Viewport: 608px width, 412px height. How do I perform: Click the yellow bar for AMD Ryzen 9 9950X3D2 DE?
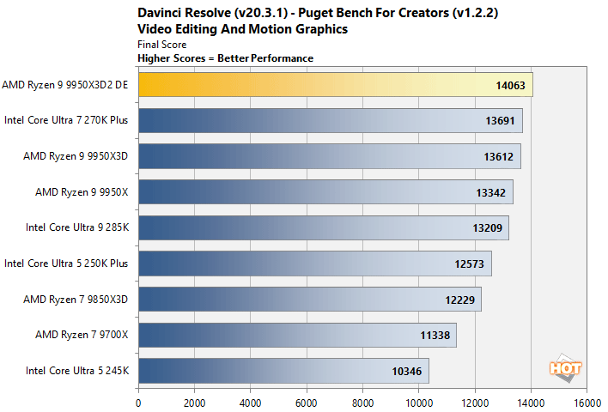pyautogui.click(x=335, y=85)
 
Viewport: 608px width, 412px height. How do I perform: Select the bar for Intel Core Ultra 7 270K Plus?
pyautogui.click(x=330, y=121)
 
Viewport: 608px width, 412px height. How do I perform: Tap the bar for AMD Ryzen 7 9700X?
pyautogui.click(x=296, y=335)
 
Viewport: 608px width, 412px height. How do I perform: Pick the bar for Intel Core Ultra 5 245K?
pyautogui.click(x=283, y=371)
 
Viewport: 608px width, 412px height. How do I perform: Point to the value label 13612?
pyautogui.click(x=498, y=156)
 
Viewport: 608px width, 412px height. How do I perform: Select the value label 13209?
pyautogui.click(x=487, y=228)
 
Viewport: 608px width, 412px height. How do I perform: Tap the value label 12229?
pyautogui.click(x=459, y=300)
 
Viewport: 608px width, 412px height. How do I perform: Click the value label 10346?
pyautogui.click(x=407, y=371)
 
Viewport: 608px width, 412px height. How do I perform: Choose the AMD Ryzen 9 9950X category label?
pyautogui.click(x=82, y=192)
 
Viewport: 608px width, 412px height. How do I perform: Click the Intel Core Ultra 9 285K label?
pyautogui.click(x=78, y=228)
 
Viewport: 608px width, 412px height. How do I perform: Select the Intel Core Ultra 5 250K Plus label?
pyautogui.click(x=66, y=264)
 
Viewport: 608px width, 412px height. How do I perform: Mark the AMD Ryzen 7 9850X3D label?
pyautogui.click(x=76, y=300)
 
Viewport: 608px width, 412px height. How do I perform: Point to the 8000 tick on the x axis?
pyautogui.click(x=362, y=401)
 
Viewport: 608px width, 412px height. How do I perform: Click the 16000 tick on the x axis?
pyautogui.click(x=587, y=401)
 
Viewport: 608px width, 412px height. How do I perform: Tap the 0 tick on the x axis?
pyautogui.click(x=138, y=401)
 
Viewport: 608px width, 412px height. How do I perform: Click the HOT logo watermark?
pyautogui.click(x=565, y=367)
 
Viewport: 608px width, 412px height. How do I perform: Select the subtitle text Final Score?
pyautogui.click(x=161, y=44)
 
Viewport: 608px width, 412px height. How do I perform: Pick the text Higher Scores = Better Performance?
pyautogui.click(x=225, y=58)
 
